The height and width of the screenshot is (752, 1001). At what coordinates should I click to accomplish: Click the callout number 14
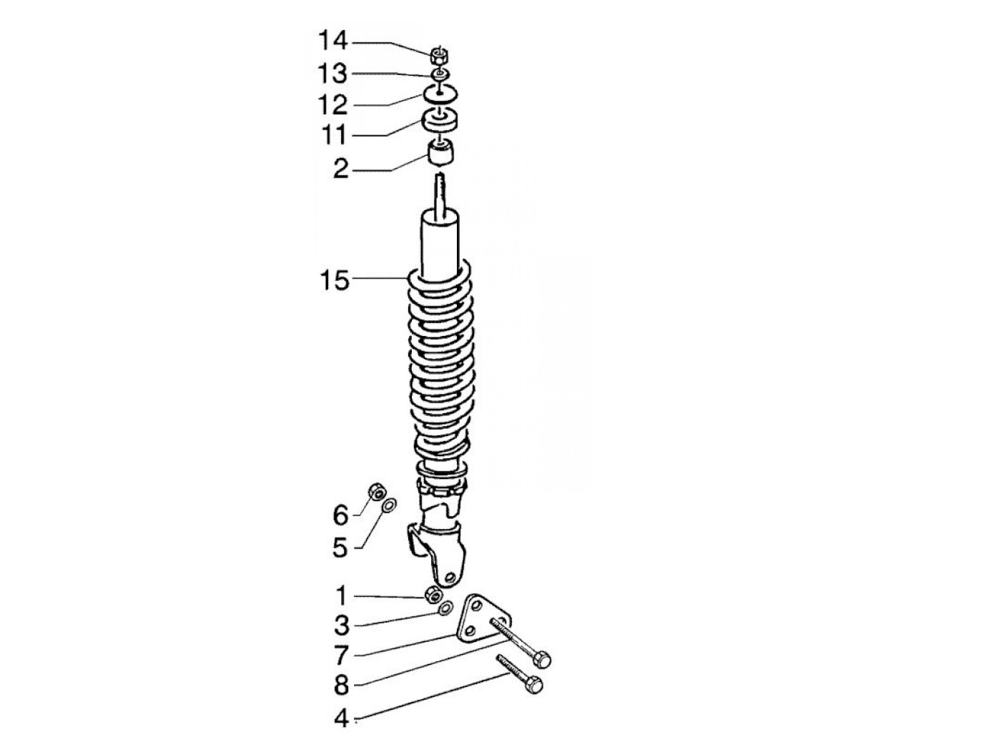click(333, 41)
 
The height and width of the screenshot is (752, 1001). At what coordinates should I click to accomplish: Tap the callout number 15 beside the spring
click(335, 279)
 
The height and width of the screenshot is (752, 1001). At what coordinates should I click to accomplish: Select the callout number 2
click(341, 169)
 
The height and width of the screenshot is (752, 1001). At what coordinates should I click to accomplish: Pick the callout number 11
click(335, 135)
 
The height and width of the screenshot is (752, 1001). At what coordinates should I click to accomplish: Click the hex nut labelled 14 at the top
click(438, 57)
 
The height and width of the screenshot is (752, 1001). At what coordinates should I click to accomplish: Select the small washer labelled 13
click(440, 75)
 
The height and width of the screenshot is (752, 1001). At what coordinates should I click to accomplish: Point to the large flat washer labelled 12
click(440, 94)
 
